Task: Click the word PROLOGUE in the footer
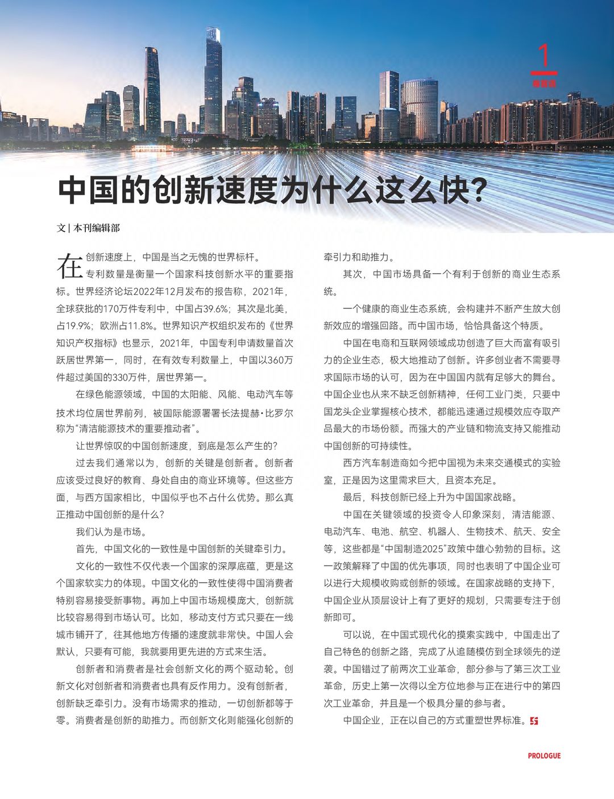[544, 756]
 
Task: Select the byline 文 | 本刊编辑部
[88, 228]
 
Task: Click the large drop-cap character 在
[69, 266]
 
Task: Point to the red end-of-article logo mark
[533, 721]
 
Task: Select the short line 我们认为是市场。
[112, 532]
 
